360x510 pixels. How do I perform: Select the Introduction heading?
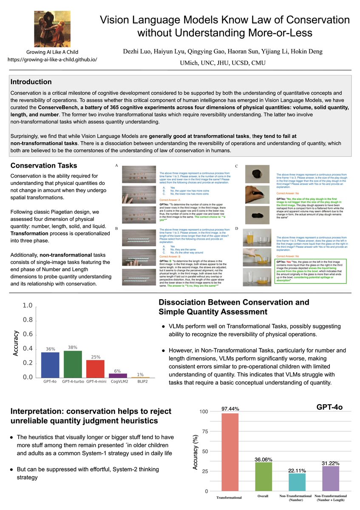(x=31, y=82)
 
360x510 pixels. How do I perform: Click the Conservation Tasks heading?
(x=44, y=165)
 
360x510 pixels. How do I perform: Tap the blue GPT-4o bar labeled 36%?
(x=50, y=365)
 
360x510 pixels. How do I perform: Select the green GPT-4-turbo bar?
(x=73, y=364)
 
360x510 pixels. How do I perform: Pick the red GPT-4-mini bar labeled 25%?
(x=95, y=368)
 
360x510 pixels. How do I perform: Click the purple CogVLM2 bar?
(x=118, y=375)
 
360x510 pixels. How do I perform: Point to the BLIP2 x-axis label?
(x=140, y=382)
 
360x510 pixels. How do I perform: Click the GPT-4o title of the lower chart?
(x=329, y=407)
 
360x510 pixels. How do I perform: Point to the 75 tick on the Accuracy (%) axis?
(x=205, y=431)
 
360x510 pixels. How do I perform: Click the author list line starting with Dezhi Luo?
(x=222, y=51)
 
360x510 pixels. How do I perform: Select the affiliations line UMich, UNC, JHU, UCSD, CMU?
(x=222, y=62)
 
